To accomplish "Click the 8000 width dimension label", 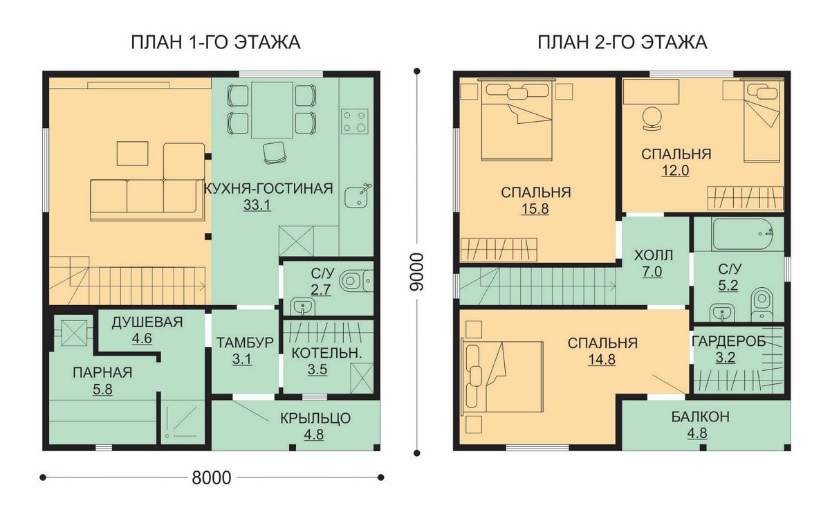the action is click(211, 477).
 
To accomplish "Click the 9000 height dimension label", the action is click(416, 272).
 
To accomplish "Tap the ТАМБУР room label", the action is click(245, 342).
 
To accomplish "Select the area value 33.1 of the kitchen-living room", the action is click(257, 205).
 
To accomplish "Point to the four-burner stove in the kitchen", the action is click(354, 121).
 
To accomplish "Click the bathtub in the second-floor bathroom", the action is click(743, 234).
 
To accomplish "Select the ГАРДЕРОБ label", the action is click(728, 341).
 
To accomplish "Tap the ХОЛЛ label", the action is click(653, 255).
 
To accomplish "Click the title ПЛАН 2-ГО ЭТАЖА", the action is click(622, 43).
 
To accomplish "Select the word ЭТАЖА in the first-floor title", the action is click(267, 43).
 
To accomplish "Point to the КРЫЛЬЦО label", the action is click(315, 418).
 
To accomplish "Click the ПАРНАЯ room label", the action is click(102, 372).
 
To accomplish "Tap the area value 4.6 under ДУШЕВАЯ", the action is click(142, 339).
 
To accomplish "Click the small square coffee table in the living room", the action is click(132, 154).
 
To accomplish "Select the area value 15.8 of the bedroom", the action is click(535, 209).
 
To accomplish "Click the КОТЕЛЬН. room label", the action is click(326, 354).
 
